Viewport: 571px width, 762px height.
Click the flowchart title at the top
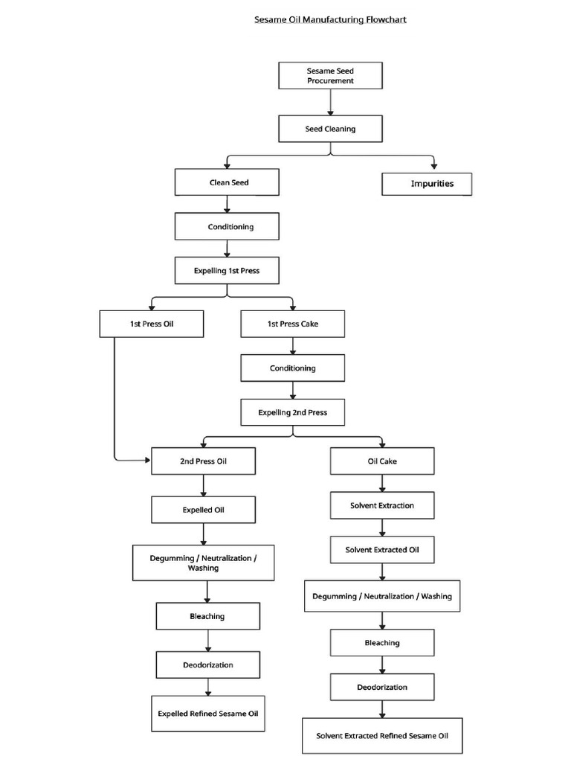tap(331, 19)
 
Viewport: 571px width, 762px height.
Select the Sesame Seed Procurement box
tap(330, 76)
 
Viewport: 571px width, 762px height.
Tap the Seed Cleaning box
tap(330, 129)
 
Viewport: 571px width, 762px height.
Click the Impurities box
tap(427, 184)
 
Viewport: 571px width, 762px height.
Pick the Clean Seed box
tap(227, 182)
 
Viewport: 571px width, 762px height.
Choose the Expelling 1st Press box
tap(227, 271)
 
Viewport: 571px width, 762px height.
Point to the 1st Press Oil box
tap(152, 324)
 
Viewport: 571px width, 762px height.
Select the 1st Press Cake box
tap(292, 324)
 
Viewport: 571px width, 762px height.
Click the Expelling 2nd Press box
tap(292, 412)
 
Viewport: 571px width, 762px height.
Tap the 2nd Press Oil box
tap(203, 461)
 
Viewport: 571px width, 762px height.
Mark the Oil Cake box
tap(382, 461)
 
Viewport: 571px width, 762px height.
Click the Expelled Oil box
tap(203, 510)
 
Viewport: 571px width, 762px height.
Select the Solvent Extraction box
tap(382, 506)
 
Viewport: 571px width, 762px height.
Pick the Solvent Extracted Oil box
tap(382, 550)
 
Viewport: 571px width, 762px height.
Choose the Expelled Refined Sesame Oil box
tap(207, 714)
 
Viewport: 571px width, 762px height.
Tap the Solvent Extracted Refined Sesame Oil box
tap(382, 736)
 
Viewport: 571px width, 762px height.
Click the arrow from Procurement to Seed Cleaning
tap(330, 102)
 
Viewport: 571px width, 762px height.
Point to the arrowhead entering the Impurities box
tap(434, 166)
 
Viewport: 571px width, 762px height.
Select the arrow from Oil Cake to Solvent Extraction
tap(382, 483)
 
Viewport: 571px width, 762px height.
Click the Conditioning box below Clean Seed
tap(227, 227)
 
